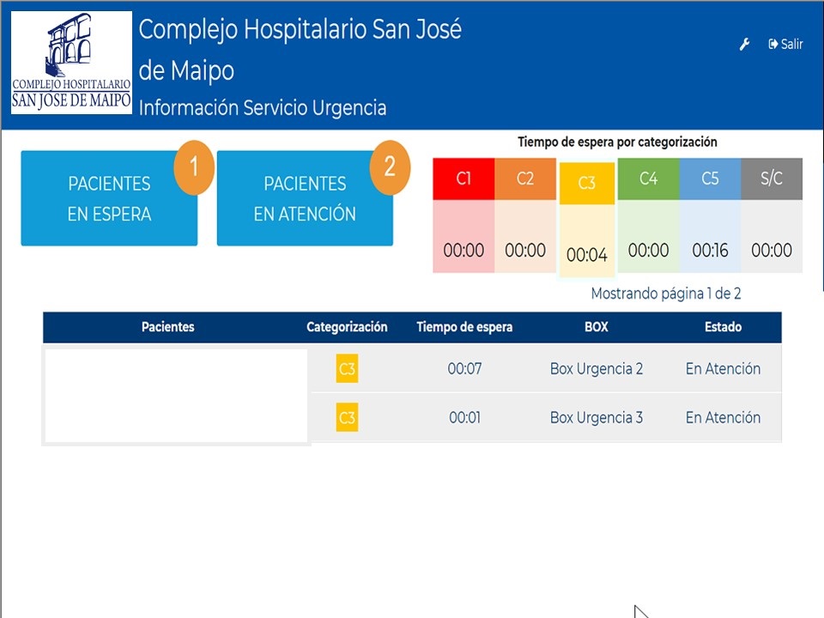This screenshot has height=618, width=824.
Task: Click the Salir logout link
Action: click(x=786, y=45)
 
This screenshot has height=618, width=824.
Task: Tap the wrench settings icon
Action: click(x=745, y=45)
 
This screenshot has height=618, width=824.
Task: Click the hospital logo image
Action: click(x=72, y=63)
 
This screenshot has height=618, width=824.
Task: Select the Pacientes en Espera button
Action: click(x=109, y=199)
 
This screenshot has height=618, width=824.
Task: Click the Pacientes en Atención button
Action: click(x=305, y=199)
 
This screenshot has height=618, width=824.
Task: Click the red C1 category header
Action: click(x=463, y=179)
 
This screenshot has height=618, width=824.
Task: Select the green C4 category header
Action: click(x=649, y=179)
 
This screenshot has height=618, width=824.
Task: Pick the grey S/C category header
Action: click(x=772, y=179)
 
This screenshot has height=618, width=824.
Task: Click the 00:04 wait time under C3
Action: click(x=587, y=255)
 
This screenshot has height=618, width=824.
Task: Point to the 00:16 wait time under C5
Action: click(x=710, y=251)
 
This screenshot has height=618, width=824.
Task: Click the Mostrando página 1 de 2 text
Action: click(x=666, y=294)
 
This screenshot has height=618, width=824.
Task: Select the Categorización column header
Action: click(x=347, y=327)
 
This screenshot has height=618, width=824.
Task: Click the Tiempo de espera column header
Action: click(x=464, y=327)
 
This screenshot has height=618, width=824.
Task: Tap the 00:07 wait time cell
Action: click(x=464, y=369)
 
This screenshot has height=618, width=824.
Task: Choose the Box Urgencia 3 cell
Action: click(x=597, y=418)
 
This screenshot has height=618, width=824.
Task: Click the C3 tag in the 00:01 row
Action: click(x=347, y=418)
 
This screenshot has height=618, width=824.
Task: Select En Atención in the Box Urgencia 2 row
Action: click(x=723, y=369)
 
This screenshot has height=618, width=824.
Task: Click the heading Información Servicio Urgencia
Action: click(x=263, y=108)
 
